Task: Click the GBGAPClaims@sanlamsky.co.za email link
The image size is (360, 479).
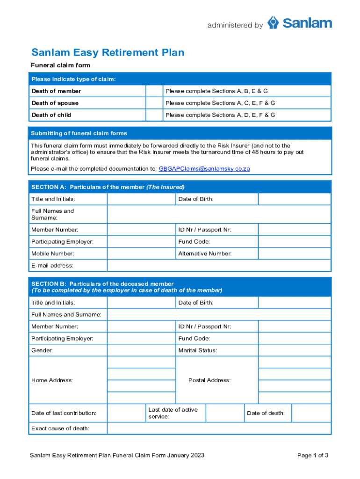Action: (x=204, y=169)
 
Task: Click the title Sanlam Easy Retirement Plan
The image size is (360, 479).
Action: (x=108, y=52)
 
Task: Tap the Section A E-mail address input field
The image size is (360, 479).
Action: (x=219, y=266)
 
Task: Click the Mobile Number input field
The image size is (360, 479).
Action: (x=141, y=254)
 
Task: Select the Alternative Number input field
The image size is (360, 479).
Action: (x=294, y=254)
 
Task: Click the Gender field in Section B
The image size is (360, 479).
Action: (x=141, y=350)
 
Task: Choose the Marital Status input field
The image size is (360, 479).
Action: (x=294, y=350)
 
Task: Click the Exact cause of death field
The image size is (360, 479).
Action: (x=219, y=428)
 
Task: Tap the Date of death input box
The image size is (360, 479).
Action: (x=311, y=413)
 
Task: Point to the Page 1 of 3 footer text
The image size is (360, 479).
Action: (x=313, y=455)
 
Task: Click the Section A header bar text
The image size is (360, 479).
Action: (x=108, y=187)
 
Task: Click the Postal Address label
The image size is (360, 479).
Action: (x=209, y=380)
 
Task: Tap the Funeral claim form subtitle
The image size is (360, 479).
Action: (x=60, y=65)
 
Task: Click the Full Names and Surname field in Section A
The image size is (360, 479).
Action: (x=219, y=214)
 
